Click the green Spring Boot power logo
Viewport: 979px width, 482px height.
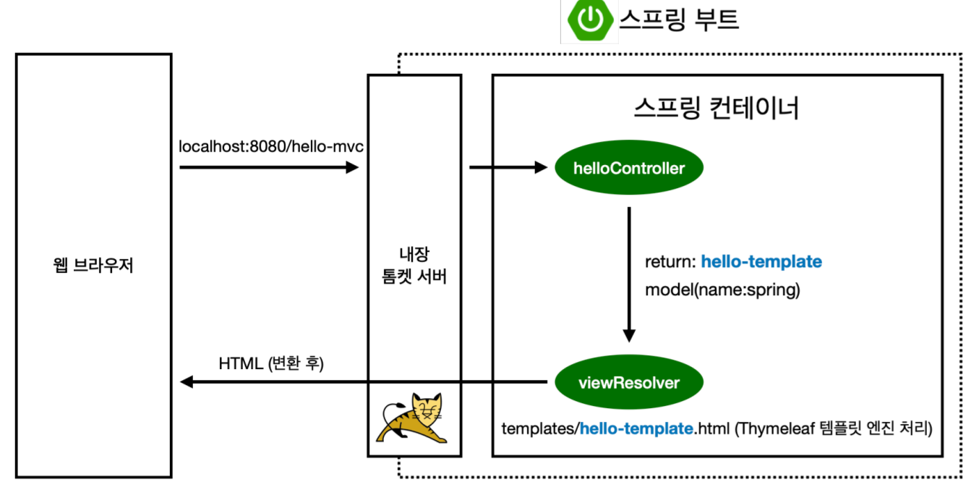click(589, 21)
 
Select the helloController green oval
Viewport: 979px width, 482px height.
click(628, 169)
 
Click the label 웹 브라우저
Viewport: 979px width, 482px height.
click(93, 265)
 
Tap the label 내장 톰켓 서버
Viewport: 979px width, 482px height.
click(414, 265)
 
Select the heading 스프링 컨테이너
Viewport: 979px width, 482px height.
click(717, 109)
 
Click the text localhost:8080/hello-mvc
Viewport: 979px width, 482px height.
click(270, 147)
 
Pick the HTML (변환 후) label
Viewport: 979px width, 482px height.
click(271, 363)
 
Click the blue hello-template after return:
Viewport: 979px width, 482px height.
click(761, 261)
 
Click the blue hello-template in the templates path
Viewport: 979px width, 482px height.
click(636, 428)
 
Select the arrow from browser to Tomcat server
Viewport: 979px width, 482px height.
click(269, 168)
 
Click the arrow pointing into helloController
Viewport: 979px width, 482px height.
click(509, 168)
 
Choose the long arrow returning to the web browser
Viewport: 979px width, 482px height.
click(362, 382)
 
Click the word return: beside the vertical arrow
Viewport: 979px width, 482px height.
click(670, 261)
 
